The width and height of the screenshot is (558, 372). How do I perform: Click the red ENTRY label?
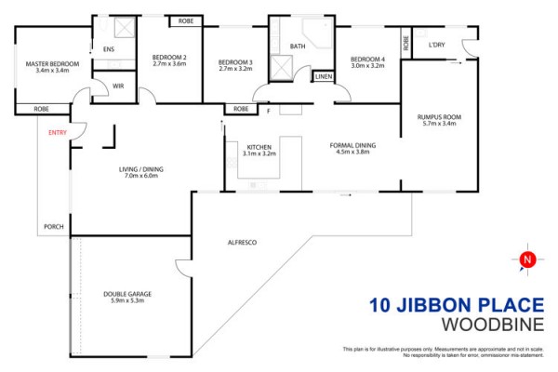[x=58, y=132]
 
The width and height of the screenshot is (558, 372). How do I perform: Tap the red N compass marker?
[x=527, y=259]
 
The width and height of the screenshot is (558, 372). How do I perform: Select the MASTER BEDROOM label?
[x=52, y=64]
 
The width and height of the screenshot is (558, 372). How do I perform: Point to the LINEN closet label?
[x=324, y=76]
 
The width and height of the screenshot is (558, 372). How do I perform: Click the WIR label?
[x=118, y=86]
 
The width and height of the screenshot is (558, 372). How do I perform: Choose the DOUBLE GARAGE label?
[x=127, y=294]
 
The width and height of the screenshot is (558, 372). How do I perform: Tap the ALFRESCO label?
[x=242, y=243]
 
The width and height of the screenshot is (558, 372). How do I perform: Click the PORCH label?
[x=54, y=226]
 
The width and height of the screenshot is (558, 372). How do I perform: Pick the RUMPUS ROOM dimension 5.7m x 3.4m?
[x=439, y=124]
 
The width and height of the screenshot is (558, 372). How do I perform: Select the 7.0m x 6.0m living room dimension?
[x=141, y=176]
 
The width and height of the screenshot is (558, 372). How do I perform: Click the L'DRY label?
[x=437, y=45]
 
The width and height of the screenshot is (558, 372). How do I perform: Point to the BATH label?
[x=298, y=46]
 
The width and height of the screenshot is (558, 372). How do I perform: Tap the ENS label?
[x=109, y=49]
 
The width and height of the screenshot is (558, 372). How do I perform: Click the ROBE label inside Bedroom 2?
[x=186, y=21]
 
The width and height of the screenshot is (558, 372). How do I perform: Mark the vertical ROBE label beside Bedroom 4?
[x=406, y=43]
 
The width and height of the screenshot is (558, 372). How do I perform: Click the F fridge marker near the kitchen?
[x=269, y=111]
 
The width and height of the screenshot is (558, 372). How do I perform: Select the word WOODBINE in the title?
[x=493, y=325]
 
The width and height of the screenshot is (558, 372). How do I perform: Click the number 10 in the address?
[x=380, y=305]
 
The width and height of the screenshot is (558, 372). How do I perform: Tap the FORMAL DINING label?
[x=352, y=145]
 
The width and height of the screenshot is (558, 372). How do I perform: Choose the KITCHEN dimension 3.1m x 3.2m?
[x=259, y=153]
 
